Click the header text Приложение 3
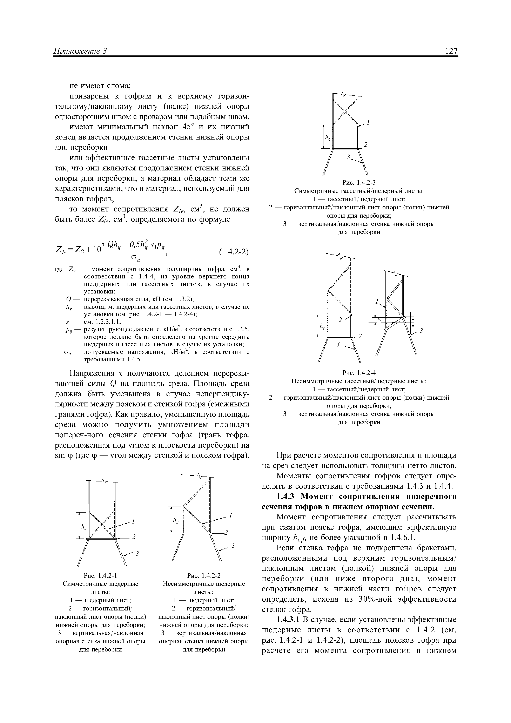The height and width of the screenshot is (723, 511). click(x=81, y=51)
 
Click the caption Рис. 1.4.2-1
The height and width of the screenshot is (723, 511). click(x=100, y=576)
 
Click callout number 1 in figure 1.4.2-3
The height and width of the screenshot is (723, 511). click(x=368, y=122)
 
